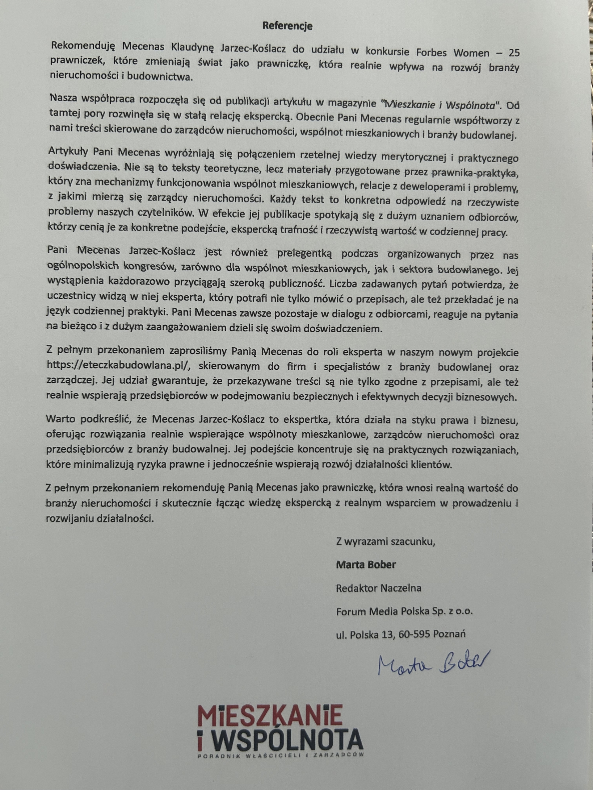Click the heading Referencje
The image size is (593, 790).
tap(287, 26)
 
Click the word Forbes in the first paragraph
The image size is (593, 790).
tap(432, 53)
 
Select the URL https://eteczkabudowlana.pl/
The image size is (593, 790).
tap(120, 366)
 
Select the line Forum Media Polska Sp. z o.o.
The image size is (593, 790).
tap(404, 611)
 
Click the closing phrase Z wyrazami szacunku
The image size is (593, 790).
tap(386, 542)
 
